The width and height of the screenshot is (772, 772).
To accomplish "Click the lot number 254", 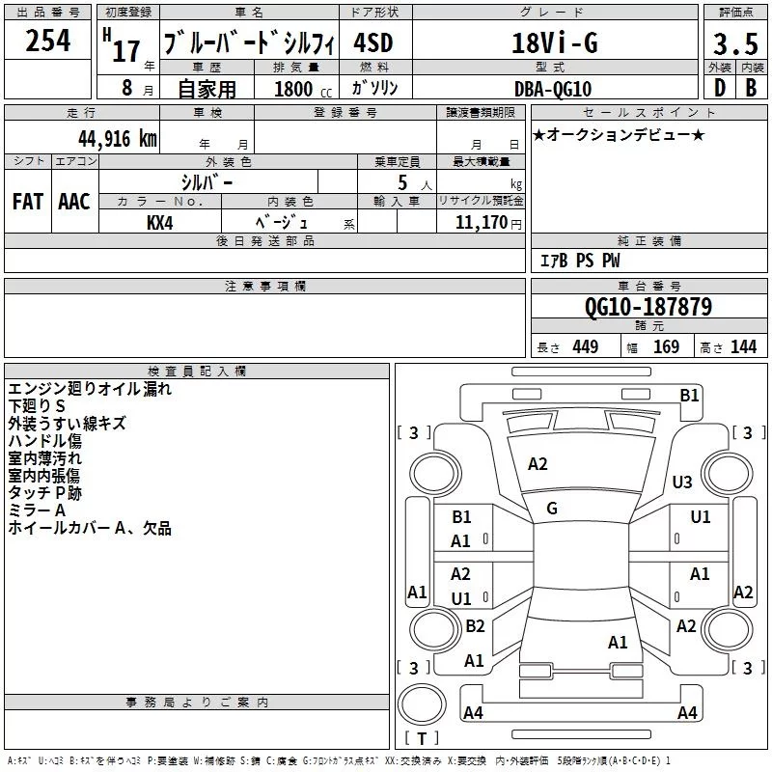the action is point(47,41).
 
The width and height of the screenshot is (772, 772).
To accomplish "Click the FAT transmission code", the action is point(27,202).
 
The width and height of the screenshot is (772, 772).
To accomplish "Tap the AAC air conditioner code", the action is point(73,202).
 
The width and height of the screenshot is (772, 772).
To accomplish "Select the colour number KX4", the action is point(160,223).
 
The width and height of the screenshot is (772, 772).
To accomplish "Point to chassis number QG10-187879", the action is point(648,307).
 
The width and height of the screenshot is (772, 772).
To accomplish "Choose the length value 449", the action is point(585,346).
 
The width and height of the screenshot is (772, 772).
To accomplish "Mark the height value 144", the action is point(743,346).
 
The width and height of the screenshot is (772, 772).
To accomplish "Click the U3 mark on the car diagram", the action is point(682,482).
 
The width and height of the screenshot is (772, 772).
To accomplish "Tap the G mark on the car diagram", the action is point(552,508).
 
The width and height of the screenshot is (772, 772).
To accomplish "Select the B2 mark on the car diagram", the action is point(475,625).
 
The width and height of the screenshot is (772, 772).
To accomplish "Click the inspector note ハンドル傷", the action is point(44,441).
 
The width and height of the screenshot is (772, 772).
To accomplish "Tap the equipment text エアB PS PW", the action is point(580,261).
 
